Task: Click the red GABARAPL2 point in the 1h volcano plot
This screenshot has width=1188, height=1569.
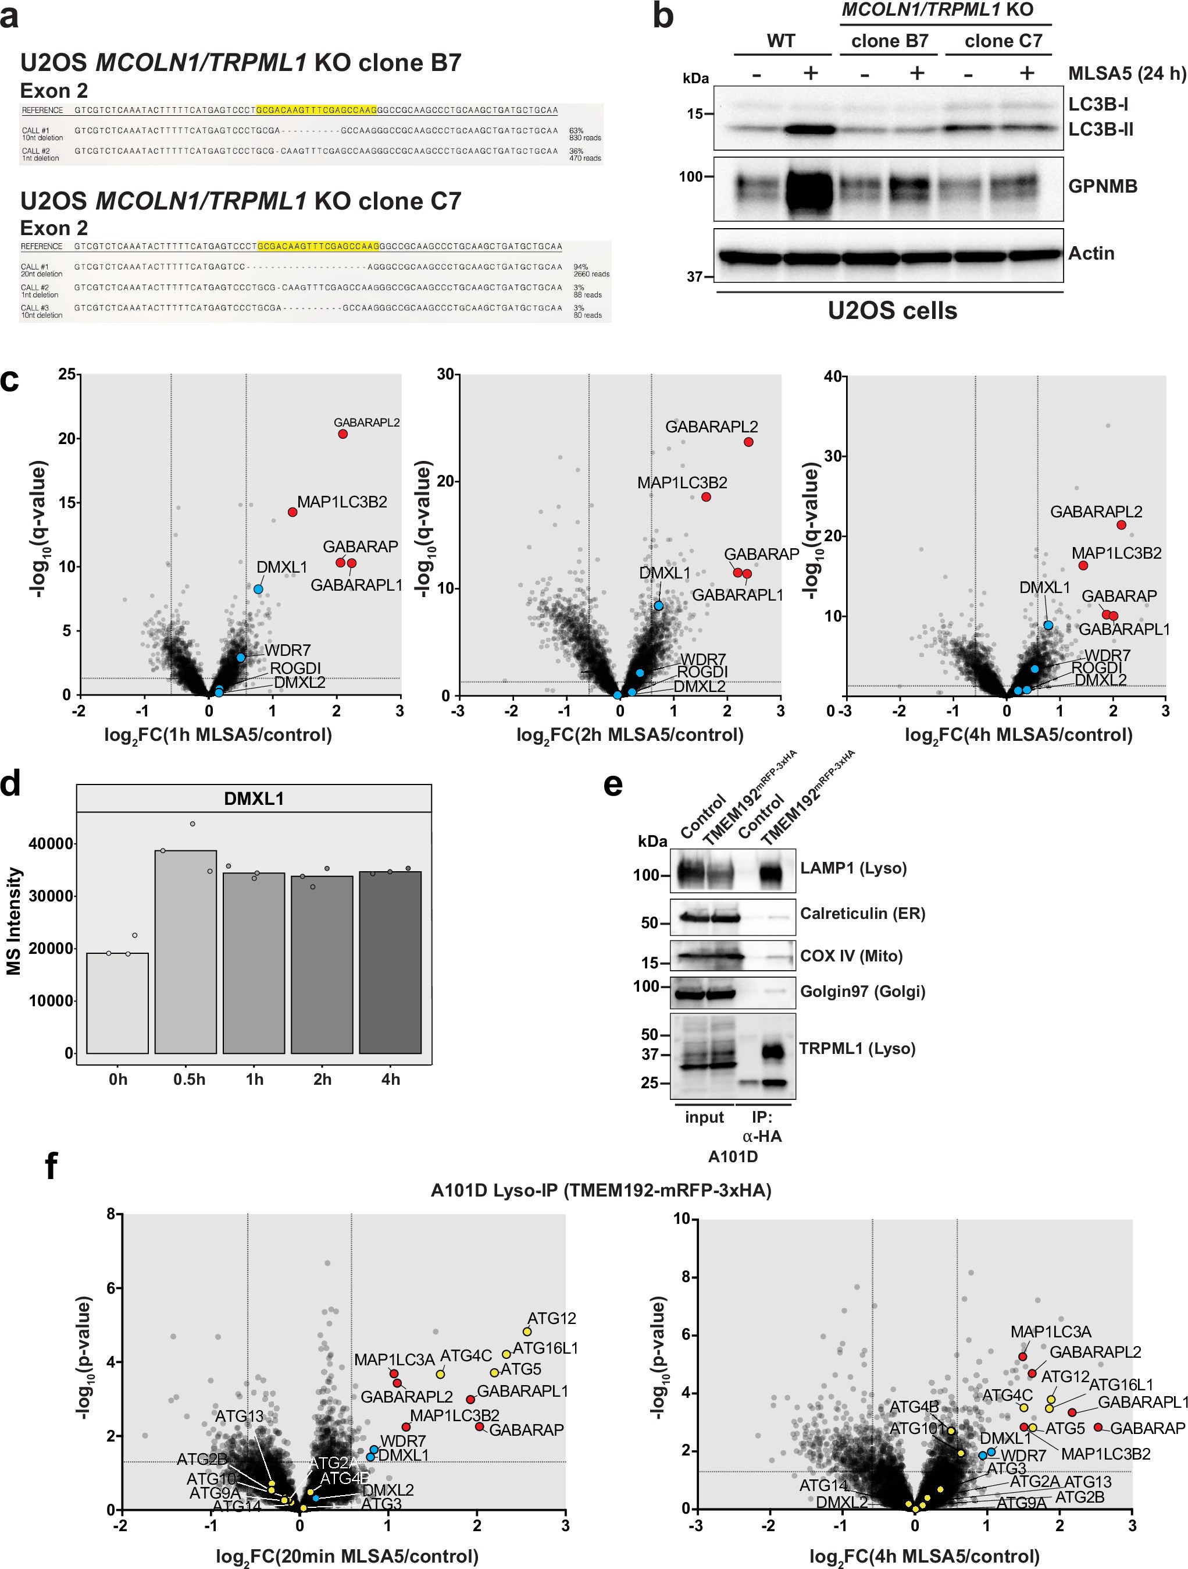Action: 343,434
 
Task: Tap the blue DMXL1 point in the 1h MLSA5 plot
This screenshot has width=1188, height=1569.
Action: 259,589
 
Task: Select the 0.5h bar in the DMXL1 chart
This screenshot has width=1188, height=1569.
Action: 185,950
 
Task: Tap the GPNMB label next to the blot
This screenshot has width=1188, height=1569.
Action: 1103,187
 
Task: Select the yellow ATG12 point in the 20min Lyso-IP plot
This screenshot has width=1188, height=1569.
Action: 527,1332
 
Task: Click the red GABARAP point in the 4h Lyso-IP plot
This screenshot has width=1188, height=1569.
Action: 1098,1427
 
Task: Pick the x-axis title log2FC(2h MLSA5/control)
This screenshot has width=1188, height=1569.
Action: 629,735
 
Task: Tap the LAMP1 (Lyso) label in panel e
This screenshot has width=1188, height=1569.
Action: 852,868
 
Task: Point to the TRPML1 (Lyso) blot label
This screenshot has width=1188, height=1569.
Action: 857,1048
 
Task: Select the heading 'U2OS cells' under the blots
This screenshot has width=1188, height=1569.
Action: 893,311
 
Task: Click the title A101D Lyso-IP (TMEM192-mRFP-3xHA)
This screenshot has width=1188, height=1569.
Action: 600,1190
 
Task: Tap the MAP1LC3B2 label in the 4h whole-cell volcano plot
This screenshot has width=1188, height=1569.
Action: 1116,553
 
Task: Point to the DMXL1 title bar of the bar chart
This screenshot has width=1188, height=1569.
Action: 254,798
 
